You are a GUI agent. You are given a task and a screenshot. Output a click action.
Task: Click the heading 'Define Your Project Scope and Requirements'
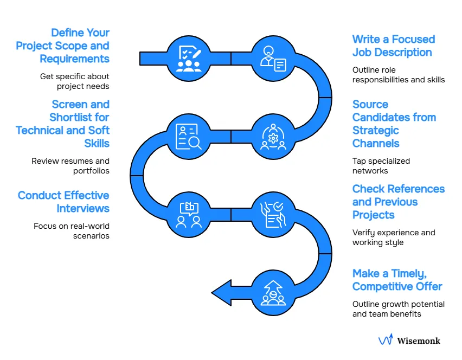[x=63, y=46]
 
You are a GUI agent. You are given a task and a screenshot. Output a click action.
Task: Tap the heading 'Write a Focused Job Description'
[x=393, y=46]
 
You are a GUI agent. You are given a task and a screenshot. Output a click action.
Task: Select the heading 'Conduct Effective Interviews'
[x=63, y=202]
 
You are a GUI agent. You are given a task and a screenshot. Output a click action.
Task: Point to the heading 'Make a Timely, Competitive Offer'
[x=397, y=280]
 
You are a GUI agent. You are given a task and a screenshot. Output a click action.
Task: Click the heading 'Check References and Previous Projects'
[x=398, y=202]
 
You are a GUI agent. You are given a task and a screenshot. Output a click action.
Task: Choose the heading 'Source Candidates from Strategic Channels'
[x=394, y=124]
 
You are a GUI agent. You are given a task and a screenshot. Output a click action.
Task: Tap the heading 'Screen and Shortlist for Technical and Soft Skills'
[x=63, y=124]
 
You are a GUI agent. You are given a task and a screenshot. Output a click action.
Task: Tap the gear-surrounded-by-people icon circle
[x=273, y=136]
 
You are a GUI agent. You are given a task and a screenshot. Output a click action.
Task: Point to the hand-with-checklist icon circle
[x=273, y=214]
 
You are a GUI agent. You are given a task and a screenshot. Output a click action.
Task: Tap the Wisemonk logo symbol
[x=386, y=340]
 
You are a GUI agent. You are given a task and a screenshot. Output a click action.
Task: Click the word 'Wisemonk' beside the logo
[x=418, y=341]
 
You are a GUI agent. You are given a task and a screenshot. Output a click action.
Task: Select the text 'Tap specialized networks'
[x=381, y=165]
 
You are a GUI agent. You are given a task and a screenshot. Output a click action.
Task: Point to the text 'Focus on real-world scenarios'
[x=72, y=230]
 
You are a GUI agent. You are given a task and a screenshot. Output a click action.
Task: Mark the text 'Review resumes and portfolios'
[x=70, y=165]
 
